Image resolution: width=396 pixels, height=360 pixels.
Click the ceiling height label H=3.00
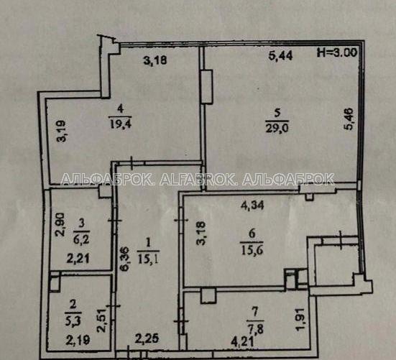click(337, 52)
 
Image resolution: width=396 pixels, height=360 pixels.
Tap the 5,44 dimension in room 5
click(280, 55)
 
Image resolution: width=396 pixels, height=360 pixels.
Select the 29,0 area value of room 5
click(277, 128)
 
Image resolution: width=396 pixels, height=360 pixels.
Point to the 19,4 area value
click(121, 124)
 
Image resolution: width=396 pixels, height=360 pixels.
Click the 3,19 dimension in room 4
click(61, 131)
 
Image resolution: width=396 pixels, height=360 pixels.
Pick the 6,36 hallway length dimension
click(125, 259)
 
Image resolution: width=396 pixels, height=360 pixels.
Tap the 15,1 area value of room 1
click(149, 259)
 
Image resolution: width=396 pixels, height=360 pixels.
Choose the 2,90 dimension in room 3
click(61, 224)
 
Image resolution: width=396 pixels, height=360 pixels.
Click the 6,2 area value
click(81, 239)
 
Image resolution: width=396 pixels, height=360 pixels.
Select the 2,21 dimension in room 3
click(78, 259)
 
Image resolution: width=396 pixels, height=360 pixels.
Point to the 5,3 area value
click(73, 322)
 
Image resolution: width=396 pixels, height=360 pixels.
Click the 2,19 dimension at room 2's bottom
click(78, 341)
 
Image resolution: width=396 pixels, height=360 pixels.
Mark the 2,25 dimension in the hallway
click(147, 339)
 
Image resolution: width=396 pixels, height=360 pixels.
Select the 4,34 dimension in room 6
click(252, 205)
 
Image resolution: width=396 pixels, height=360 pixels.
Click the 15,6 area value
click(252, 251)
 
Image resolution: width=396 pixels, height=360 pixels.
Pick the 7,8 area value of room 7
click(255, 329)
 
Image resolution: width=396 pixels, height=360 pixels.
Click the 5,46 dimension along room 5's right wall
click(349, 119)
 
